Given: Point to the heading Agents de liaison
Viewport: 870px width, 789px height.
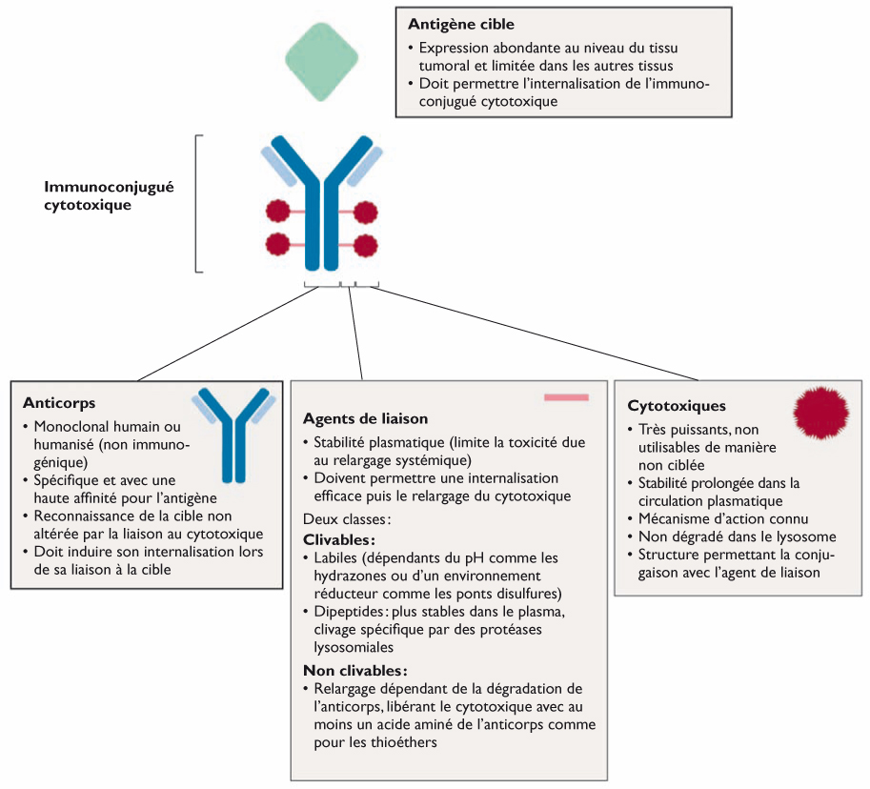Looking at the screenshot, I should pos(365,418).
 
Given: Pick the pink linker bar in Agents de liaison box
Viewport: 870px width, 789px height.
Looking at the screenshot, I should pos(566,396).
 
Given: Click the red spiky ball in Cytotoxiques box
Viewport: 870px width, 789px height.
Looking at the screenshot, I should pos(819,411).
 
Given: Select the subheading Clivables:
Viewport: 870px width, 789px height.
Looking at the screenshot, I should pos(336,540).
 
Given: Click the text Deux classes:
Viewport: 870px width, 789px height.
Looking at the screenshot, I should pos(346,519).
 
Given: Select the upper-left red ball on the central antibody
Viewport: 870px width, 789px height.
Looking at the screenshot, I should pos(278,211).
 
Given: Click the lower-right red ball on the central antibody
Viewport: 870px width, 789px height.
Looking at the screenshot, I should pos(365,243).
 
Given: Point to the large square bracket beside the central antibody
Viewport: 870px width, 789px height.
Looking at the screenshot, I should pos(197,204).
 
